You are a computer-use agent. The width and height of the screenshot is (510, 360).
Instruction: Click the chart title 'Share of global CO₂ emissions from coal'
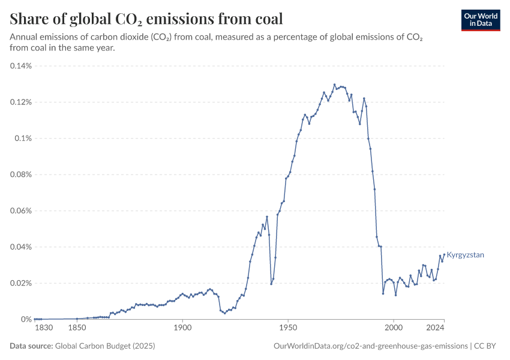click(146, 19)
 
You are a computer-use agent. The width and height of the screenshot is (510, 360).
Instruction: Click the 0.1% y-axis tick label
click(23, 138)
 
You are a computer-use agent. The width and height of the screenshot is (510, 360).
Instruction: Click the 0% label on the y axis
click(27, 319)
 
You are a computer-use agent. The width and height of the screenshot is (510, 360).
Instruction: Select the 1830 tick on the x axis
click(44, 328)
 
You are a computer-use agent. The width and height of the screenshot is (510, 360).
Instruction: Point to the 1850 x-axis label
click(77, 328)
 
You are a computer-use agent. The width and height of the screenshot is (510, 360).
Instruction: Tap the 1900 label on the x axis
click(182, 328)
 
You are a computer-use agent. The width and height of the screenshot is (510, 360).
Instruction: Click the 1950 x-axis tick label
click(288, 328)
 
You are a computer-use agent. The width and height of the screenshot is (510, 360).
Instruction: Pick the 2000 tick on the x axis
click(394, 328)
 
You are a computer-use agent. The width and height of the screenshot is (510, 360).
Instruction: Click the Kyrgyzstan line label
click(466, 255)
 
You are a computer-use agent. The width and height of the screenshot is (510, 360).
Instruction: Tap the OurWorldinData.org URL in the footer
click(370, 346)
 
